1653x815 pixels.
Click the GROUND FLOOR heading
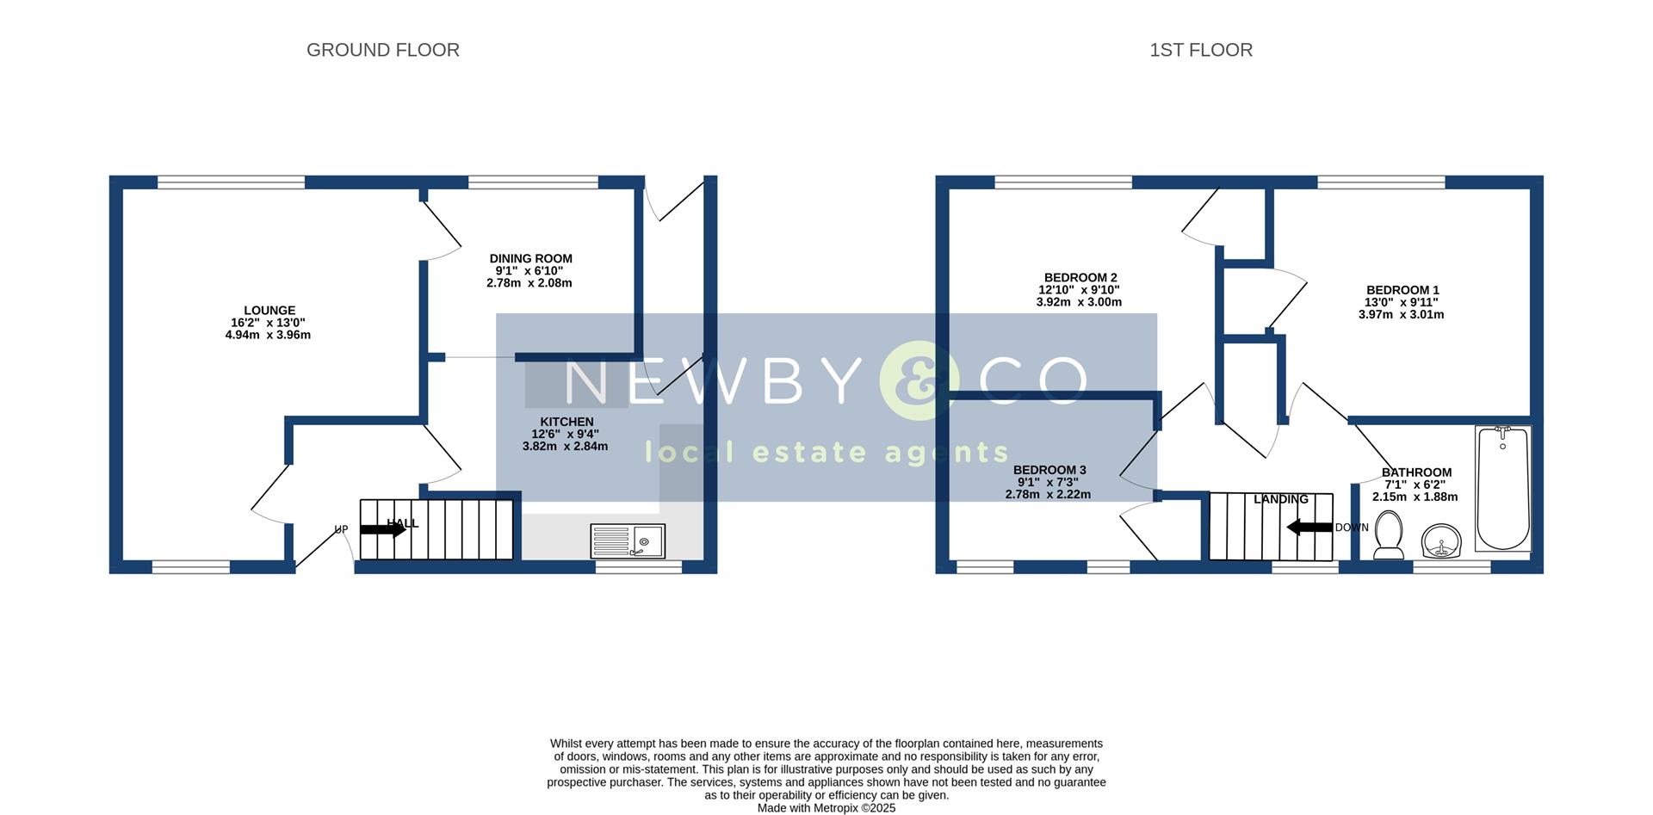382,50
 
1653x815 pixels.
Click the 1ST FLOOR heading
1200,50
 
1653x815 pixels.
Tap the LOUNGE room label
269,311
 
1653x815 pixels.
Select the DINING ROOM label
530,258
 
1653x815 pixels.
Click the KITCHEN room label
566,422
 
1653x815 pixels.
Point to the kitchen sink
627,540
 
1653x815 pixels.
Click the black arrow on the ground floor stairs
382,530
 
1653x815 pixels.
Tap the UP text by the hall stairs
342,529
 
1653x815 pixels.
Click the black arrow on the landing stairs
1309,527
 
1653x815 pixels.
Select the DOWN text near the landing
1352,528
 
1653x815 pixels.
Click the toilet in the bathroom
1389,534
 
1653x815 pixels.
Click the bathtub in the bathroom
1502,488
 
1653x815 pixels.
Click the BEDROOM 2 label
1080,277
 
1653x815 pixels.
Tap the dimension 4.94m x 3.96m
268,335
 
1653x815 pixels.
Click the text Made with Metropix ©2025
826,808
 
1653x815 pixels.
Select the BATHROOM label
1416,472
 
